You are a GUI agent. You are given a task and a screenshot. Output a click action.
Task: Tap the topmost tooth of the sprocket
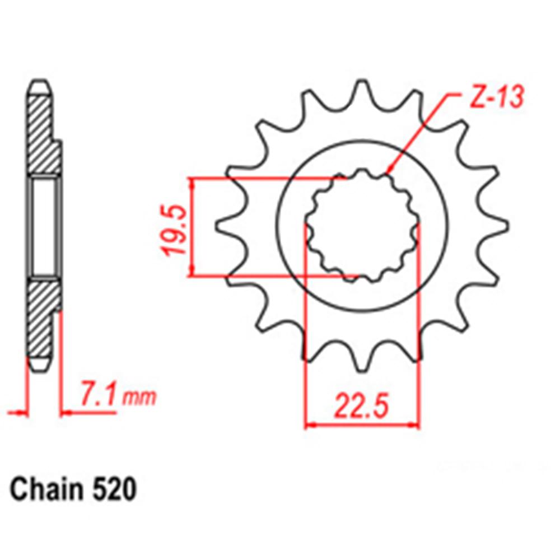[x=361, y=92]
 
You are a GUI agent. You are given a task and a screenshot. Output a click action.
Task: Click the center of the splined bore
[x=362, y=227]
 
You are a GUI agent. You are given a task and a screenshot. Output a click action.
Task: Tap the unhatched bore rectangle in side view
[x=44, y=227]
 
